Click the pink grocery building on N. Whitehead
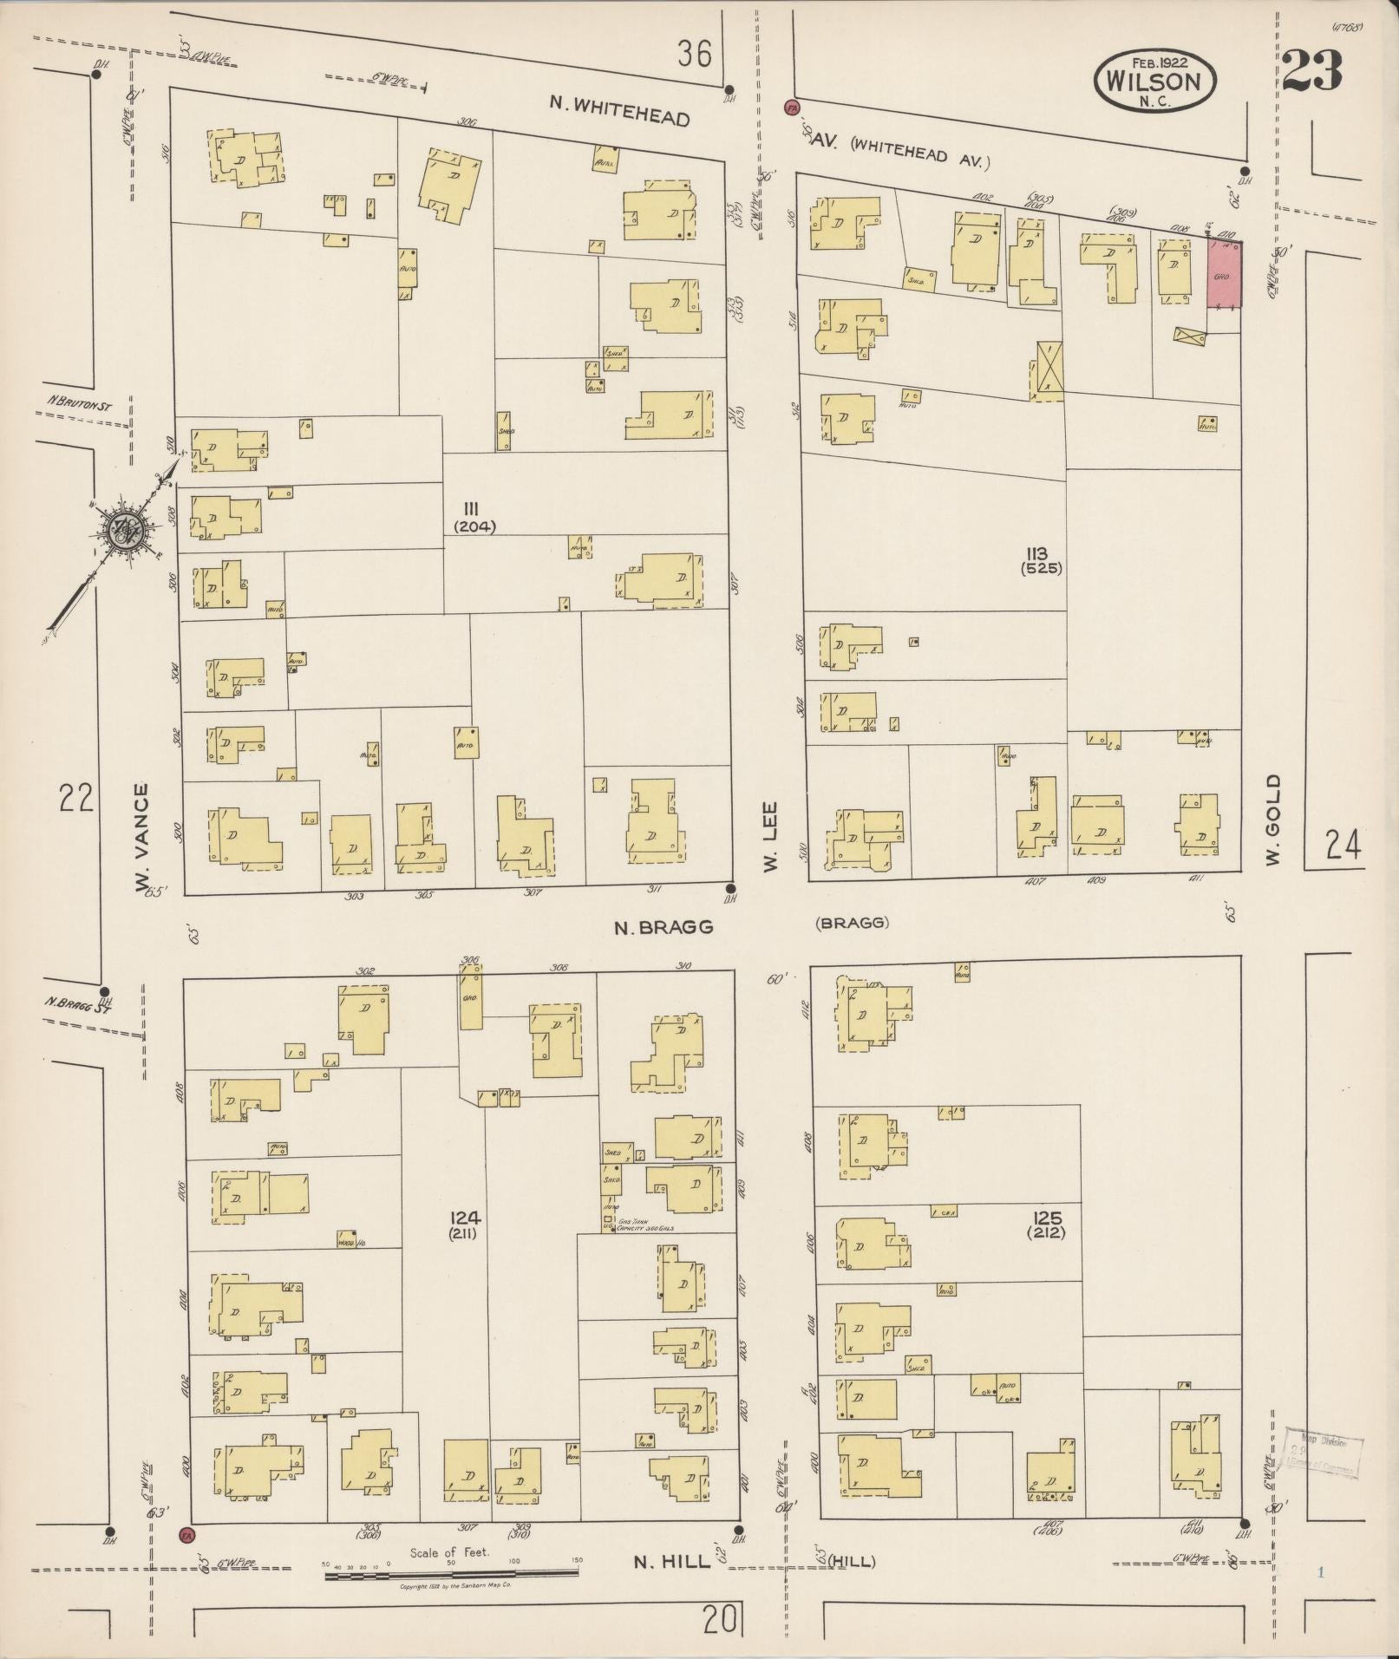pos(1224,274)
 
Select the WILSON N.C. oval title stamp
pos(1155,80)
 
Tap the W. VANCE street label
pos(142,837)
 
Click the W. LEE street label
pos(771,837)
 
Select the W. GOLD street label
pos(1272,820)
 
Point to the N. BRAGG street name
pos(664,927)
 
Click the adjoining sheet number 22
pos(75,797)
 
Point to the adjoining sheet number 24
pos(1343,844)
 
